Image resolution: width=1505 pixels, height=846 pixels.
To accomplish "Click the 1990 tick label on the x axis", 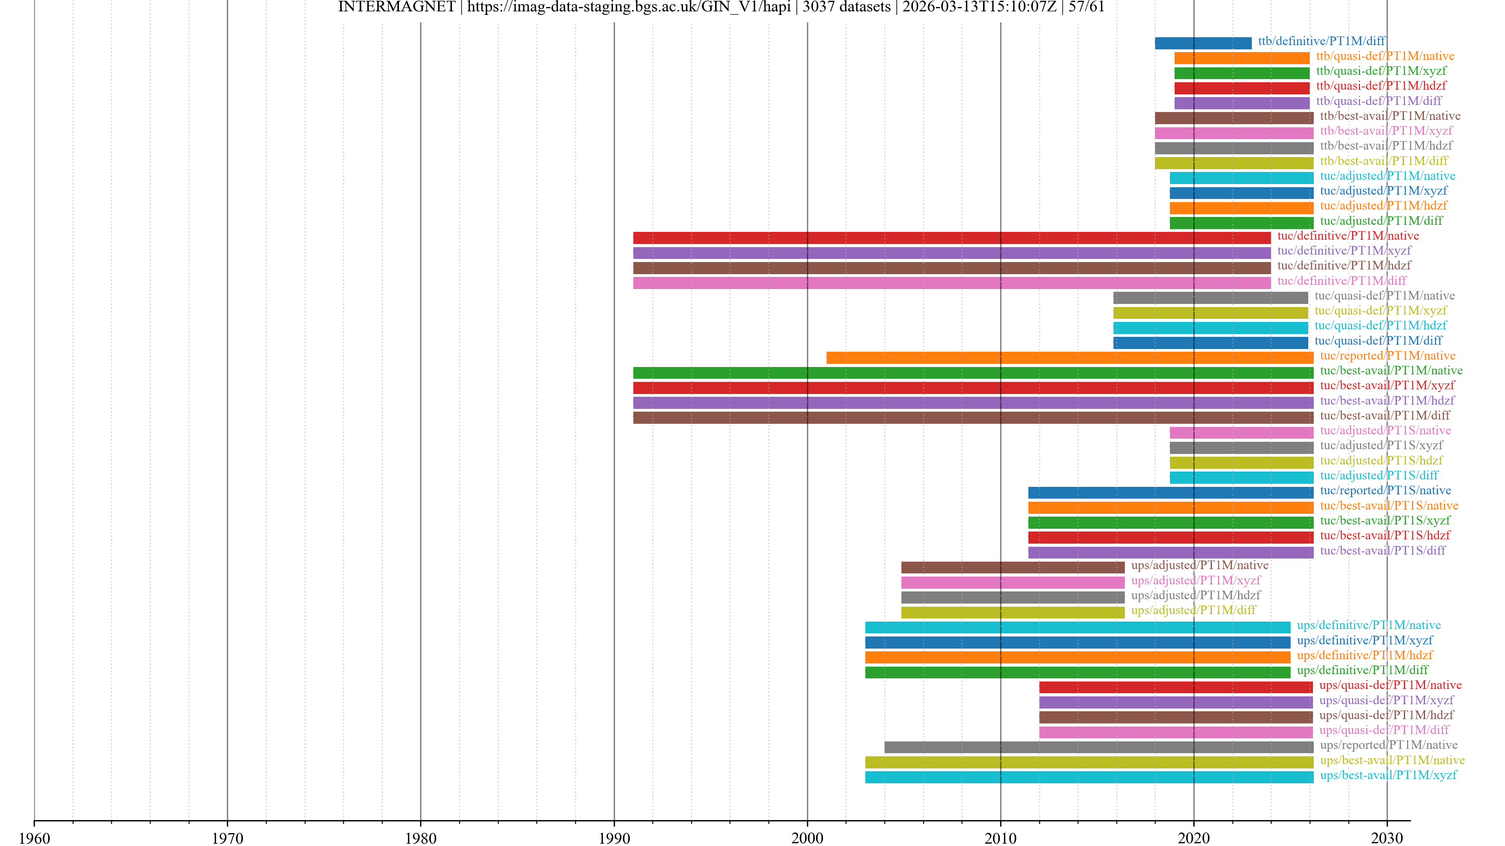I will (x=614, y=838).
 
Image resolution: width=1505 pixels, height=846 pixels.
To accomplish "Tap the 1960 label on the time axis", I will (x=34, y=838).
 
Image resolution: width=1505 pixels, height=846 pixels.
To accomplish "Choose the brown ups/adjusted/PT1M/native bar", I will (x=1012, y=567).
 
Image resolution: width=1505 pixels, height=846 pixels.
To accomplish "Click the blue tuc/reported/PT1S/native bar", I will (x=1170, y=492).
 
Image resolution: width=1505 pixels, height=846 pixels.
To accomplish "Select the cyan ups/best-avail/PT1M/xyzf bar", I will (x=1089, y=777).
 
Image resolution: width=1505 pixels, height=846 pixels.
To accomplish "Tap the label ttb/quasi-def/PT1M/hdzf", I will (x=1381, y=86).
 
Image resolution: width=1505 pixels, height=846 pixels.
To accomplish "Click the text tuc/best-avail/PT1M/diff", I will (x=1385, y=415).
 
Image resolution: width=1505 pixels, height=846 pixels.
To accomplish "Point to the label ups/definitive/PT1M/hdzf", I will (x=1365, y=655).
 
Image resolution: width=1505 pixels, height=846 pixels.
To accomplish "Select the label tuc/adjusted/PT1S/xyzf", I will (x=1381, y=445).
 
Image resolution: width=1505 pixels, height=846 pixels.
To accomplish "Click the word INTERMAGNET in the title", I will (x=396, y=7).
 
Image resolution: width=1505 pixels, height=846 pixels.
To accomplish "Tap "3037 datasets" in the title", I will (x=846, y=7).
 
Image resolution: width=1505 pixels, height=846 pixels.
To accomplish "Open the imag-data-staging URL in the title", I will (x=629, y=7).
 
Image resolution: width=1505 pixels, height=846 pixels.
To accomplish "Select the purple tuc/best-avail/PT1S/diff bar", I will (x=1170, y=552).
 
